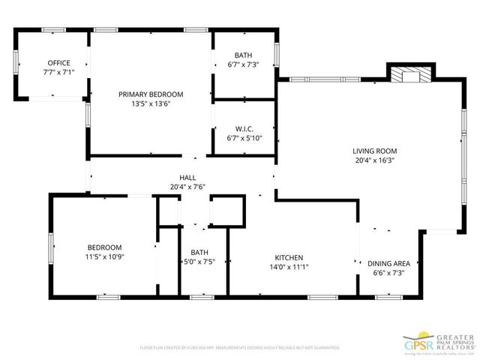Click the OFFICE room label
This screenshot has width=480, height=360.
click(58, 63)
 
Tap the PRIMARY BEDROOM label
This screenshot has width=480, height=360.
click(151, 94)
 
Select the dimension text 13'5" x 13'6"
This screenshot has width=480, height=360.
click(151, 104)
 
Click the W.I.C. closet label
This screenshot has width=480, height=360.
click(243, 128)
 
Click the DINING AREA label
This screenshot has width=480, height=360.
click(388, 263)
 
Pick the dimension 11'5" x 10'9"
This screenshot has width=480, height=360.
click(104, 257)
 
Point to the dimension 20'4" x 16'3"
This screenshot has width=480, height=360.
click(374, 160)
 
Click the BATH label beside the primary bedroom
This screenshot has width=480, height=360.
click(243, 55)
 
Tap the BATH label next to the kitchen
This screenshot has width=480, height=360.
click(199, 252)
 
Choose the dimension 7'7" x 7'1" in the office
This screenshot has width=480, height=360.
click(58, 73)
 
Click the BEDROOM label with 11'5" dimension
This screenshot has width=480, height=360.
click(104, 247)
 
